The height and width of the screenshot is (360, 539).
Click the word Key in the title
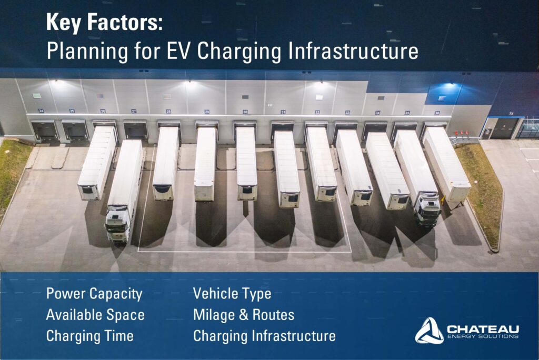point(64,23)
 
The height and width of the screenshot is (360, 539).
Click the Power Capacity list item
point(94,294)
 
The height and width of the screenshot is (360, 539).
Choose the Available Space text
point(96,315)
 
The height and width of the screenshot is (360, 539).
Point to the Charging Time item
point(90,336)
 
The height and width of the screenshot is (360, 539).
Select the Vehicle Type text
point(232,294)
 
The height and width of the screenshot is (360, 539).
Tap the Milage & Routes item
point(244,315)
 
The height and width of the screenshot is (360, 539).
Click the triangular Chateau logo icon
point(429,331)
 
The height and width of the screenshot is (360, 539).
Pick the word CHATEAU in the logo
point(483,329)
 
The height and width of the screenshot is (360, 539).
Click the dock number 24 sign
point(41,111)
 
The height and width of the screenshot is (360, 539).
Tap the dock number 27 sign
point(134,111)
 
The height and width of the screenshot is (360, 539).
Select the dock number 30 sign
point(245,112)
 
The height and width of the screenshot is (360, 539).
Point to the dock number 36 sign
point(437,113)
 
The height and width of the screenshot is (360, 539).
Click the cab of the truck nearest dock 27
point(117,224)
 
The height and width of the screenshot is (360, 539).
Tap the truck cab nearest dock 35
point(427,211)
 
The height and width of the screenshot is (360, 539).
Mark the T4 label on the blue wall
point(511,113)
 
